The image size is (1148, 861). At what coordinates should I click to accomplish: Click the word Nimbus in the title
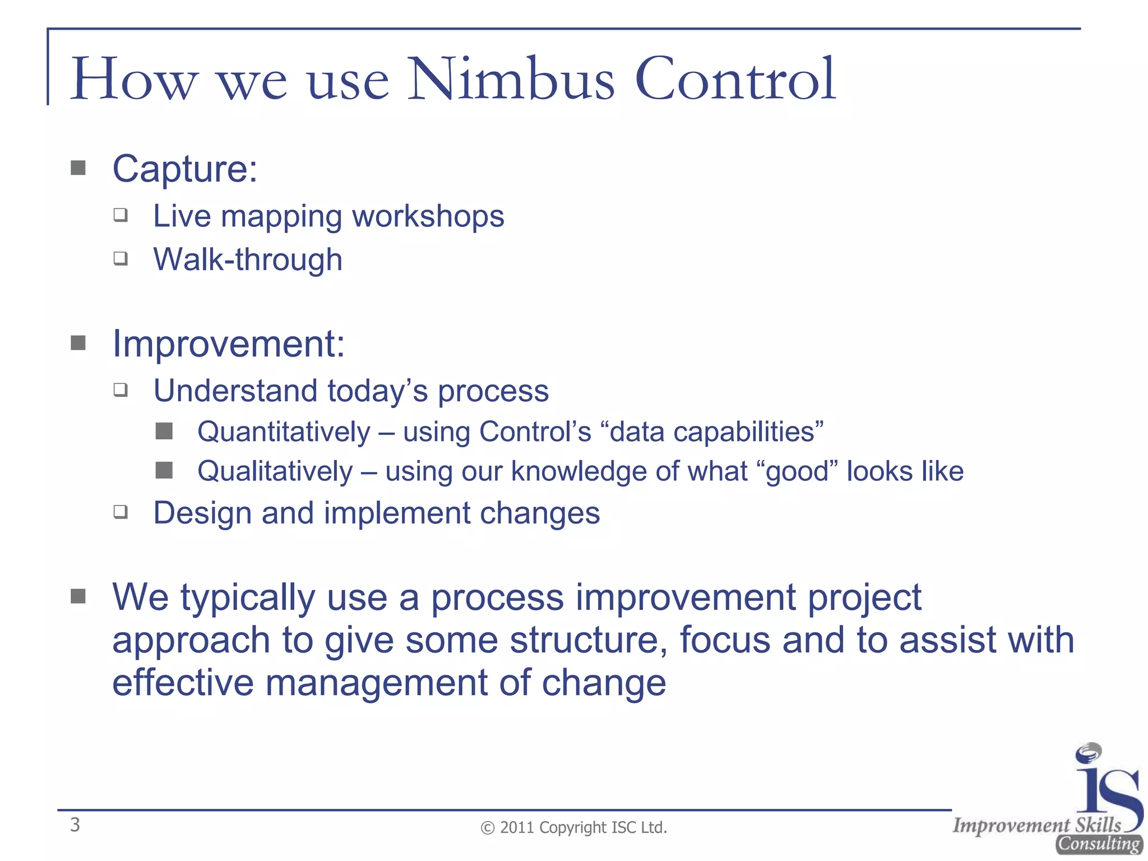point(510,80)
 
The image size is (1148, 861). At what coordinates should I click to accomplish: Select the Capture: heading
point(185,169)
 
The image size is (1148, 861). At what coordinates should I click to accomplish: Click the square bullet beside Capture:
point(78,168)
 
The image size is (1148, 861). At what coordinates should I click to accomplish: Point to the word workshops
point(428,216)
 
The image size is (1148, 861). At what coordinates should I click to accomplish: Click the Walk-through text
point(248,260)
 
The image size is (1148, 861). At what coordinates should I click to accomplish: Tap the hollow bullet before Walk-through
point(121,258)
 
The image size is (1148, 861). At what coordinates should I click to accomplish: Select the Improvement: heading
point(229,344)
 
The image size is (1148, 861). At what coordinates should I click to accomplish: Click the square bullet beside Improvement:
point(78,342)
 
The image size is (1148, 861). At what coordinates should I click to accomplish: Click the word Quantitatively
point(284,432)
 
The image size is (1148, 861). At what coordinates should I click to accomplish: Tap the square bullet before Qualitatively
point(164,470)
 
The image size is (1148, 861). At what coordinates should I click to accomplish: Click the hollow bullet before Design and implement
point(121,512)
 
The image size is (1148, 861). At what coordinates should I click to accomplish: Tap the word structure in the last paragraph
point(589,640)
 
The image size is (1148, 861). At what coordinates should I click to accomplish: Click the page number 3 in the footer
point(75,825)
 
